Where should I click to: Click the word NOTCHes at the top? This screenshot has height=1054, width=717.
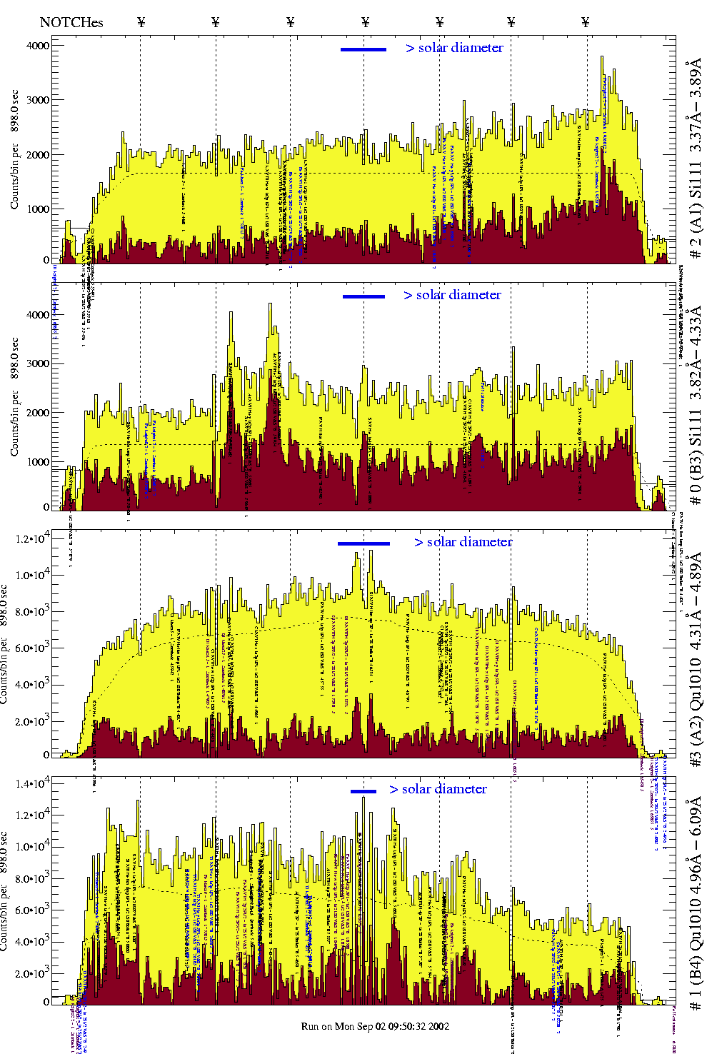(x=71, y=22)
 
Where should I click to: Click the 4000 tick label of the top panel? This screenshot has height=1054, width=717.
(x=37, y=46)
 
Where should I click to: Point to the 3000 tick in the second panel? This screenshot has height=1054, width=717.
(x=37, y=363)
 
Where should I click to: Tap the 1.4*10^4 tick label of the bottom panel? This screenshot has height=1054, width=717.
(x=33, y=784)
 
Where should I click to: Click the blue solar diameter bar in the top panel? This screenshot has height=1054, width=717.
(x=363, y=49)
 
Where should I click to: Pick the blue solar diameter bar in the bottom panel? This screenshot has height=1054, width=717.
(x=363, y=791)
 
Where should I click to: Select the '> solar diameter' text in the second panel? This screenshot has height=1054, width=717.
(x=452, y=295)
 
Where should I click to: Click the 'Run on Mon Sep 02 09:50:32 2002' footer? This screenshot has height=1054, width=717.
(x=375, y=1026)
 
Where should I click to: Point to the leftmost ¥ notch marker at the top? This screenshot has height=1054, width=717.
(x=141, y=22)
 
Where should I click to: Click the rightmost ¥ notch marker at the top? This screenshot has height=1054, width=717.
(x=586, y=22)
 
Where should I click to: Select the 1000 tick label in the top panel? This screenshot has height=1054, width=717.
(x=37, y=209)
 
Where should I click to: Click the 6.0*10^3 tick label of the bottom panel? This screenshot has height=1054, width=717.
(x=33, y=910)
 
